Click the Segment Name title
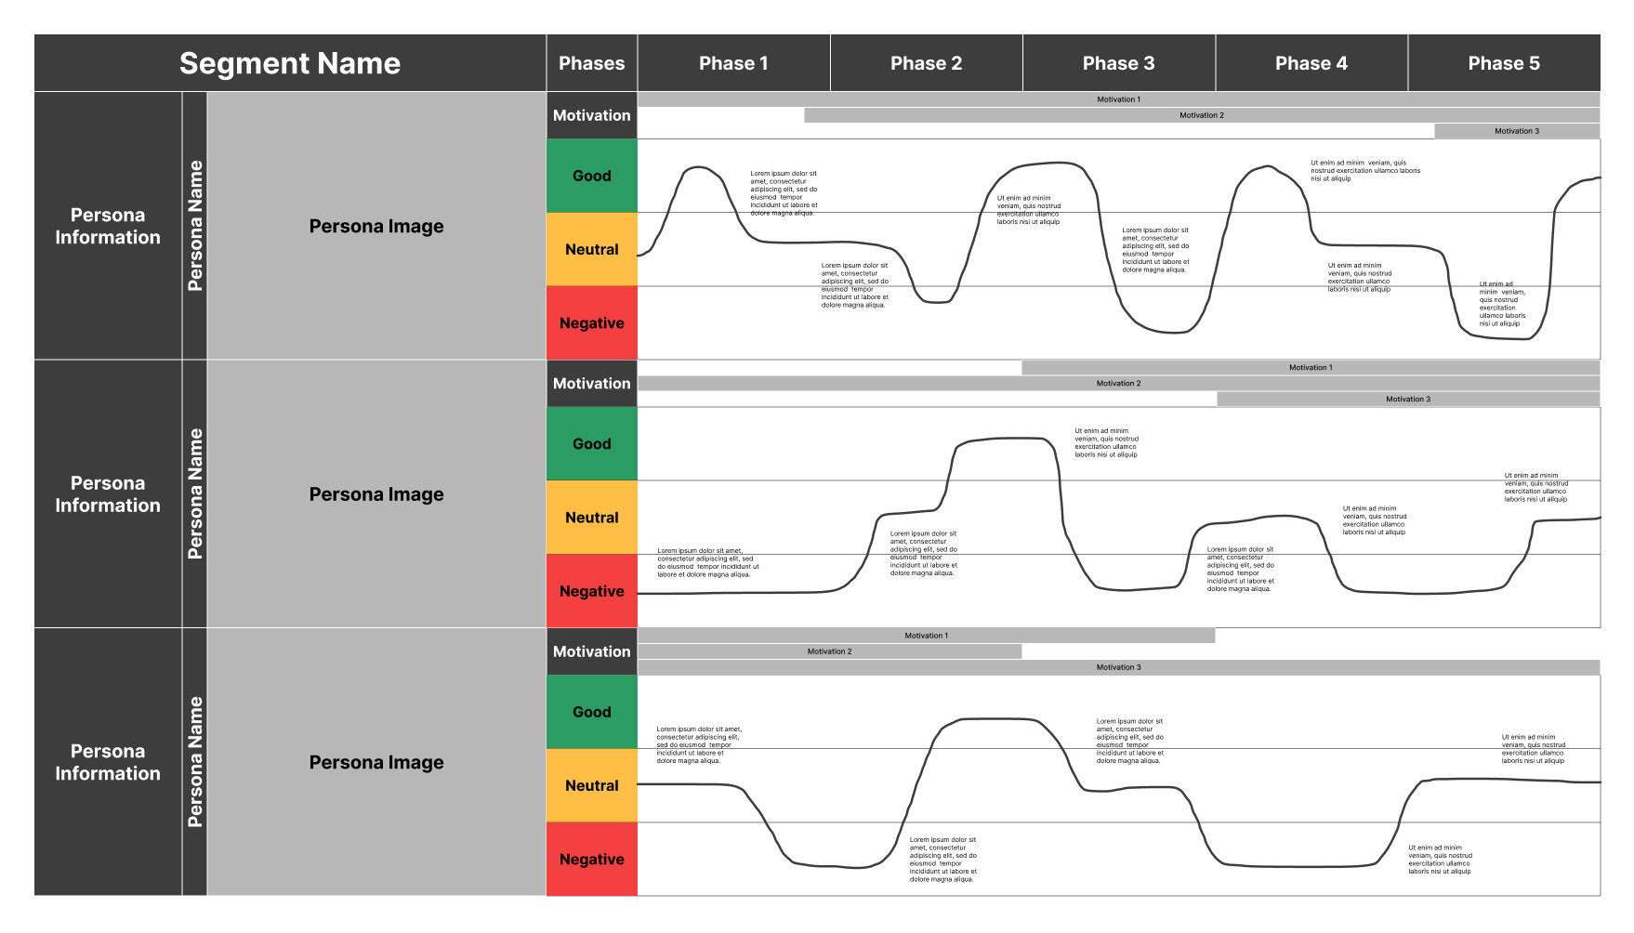[289, 63]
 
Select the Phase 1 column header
[733, 63]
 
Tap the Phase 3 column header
[1118, 63]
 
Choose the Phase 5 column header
[1503, 63]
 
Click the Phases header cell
[591, 63]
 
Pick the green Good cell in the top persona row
[591, 176]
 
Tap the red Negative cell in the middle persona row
[591, 591]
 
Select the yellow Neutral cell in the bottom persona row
[591, 785]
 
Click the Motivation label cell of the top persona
[591, 115]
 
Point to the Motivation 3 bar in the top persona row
[1516, 131]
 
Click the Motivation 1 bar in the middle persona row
[1310, 367]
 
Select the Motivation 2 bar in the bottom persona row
[829, 651]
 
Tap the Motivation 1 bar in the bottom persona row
[926, 636]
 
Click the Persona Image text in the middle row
[376, 494]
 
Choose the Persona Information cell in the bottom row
[108, 762]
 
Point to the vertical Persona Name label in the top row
[194, 226]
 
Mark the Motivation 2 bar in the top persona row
[1201, 115]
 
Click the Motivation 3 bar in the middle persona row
[1407, 399]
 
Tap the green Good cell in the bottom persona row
[591, 712]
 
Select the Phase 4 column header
[1311, 63]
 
